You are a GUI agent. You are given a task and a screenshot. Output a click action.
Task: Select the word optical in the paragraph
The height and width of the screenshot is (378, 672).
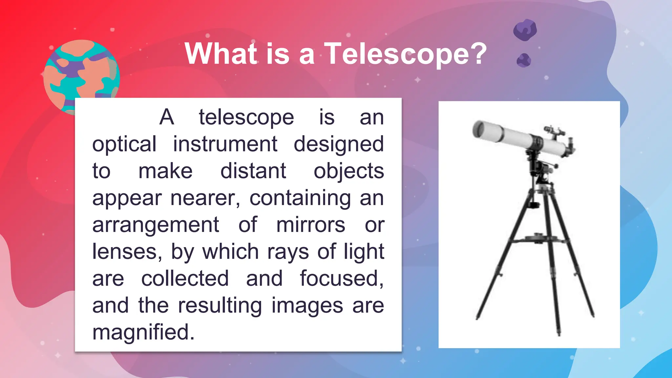[x=124, y=144]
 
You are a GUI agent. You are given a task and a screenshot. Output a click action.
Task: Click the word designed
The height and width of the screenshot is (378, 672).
[x=338, y=144]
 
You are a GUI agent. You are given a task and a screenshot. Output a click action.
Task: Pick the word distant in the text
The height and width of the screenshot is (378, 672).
[x=253, y=171]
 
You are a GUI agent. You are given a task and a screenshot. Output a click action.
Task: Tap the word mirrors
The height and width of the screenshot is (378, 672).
[x=310, y=225]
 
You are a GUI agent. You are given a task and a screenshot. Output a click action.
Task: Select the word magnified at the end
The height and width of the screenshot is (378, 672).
[x=143, y=332]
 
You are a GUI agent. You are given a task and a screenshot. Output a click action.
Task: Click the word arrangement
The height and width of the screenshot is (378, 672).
[x=156, y=225]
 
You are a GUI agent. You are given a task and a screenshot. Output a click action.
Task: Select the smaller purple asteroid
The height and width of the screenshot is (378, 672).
[x=524, y=60]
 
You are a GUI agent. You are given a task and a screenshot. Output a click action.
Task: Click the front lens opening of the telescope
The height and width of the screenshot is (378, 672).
[x=478, y=130]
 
